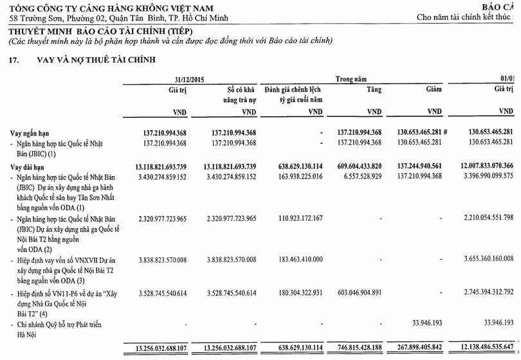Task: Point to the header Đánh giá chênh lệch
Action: click(293, 90)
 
